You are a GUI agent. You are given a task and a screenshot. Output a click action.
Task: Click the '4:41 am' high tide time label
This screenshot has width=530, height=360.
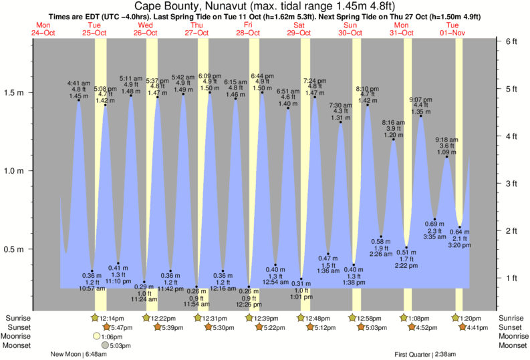(x=79, y=83)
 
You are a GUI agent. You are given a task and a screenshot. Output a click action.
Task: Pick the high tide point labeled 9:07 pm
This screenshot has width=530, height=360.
(x=421, y=116)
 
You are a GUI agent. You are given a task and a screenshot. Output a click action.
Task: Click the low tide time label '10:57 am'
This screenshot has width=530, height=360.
(x=92, y=288)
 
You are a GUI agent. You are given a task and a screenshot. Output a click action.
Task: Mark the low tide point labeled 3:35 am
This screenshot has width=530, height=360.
(x=434, y=219)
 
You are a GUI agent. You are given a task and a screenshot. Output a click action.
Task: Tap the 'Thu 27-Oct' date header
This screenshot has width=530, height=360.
(x=197, y=29)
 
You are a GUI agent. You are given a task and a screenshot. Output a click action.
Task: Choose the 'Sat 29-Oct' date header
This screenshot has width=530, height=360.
(x=300, y=29)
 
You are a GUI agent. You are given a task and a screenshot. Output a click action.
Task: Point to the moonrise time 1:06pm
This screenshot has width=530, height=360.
(x=111, y=337)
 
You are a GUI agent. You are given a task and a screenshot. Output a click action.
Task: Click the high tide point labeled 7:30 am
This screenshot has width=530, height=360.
(x=340, y=122)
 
